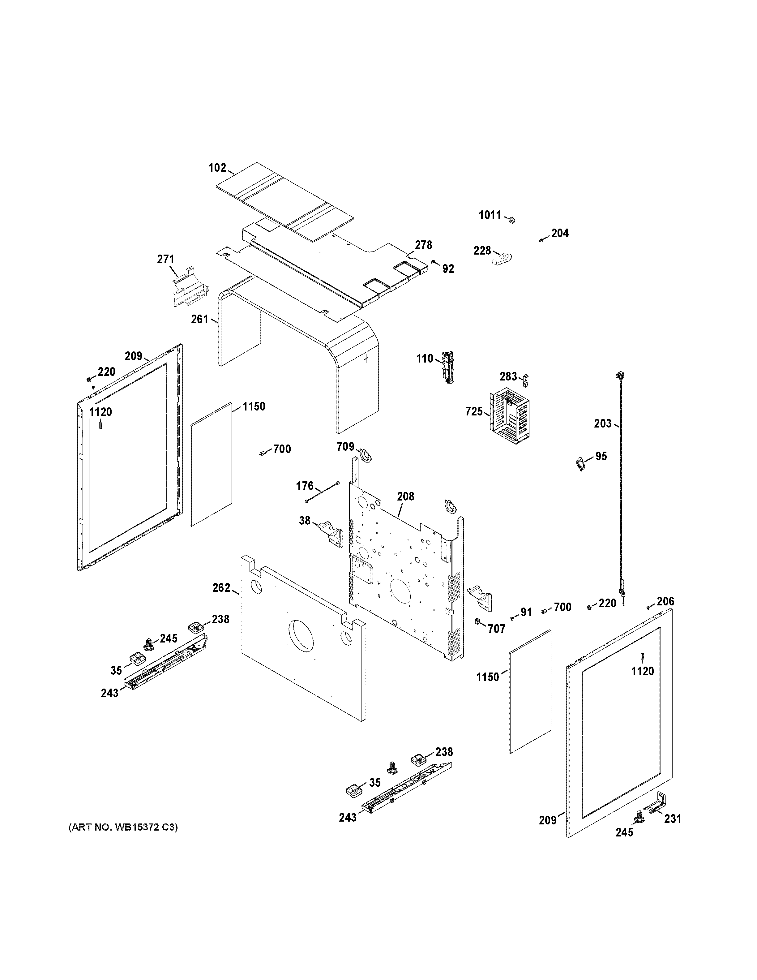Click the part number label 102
click(x=217, y=168)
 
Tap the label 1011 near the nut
click(x=490, y=215)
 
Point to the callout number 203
click(x=602, y=423)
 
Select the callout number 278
click(x=423, y=245)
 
